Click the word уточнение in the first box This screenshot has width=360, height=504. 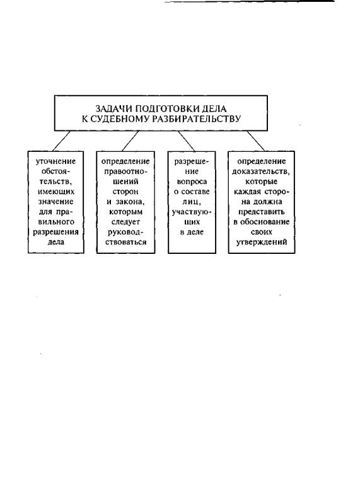point(55,161)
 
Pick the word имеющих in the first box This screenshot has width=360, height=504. point(56,192)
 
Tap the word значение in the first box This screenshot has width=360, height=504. point(56,202)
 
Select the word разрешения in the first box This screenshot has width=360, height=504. point(55,232)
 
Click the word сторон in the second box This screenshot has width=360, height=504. point(125,192)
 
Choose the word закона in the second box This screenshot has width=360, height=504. point(130,202)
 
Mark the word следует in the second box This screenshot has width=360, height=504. point(126,222)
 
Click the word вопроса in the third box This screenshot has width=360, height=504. point(192,181)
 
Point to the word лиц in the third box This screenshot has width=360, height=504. point(191,202)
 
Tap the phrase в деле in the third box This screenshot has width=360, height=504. point(192,232)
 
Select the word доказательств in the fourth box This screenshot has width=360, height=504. point(260,171)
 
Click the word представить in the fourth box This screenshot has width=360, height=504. point(261,212)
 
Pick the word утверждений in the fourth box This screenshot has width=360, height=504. point(262,242)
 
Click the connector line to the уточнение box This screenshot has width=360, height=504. point(61,140)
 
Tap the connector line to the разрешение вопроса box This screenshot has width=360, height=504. point(186,140)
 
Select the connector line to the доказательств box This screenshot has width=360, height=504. point(256,140)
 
